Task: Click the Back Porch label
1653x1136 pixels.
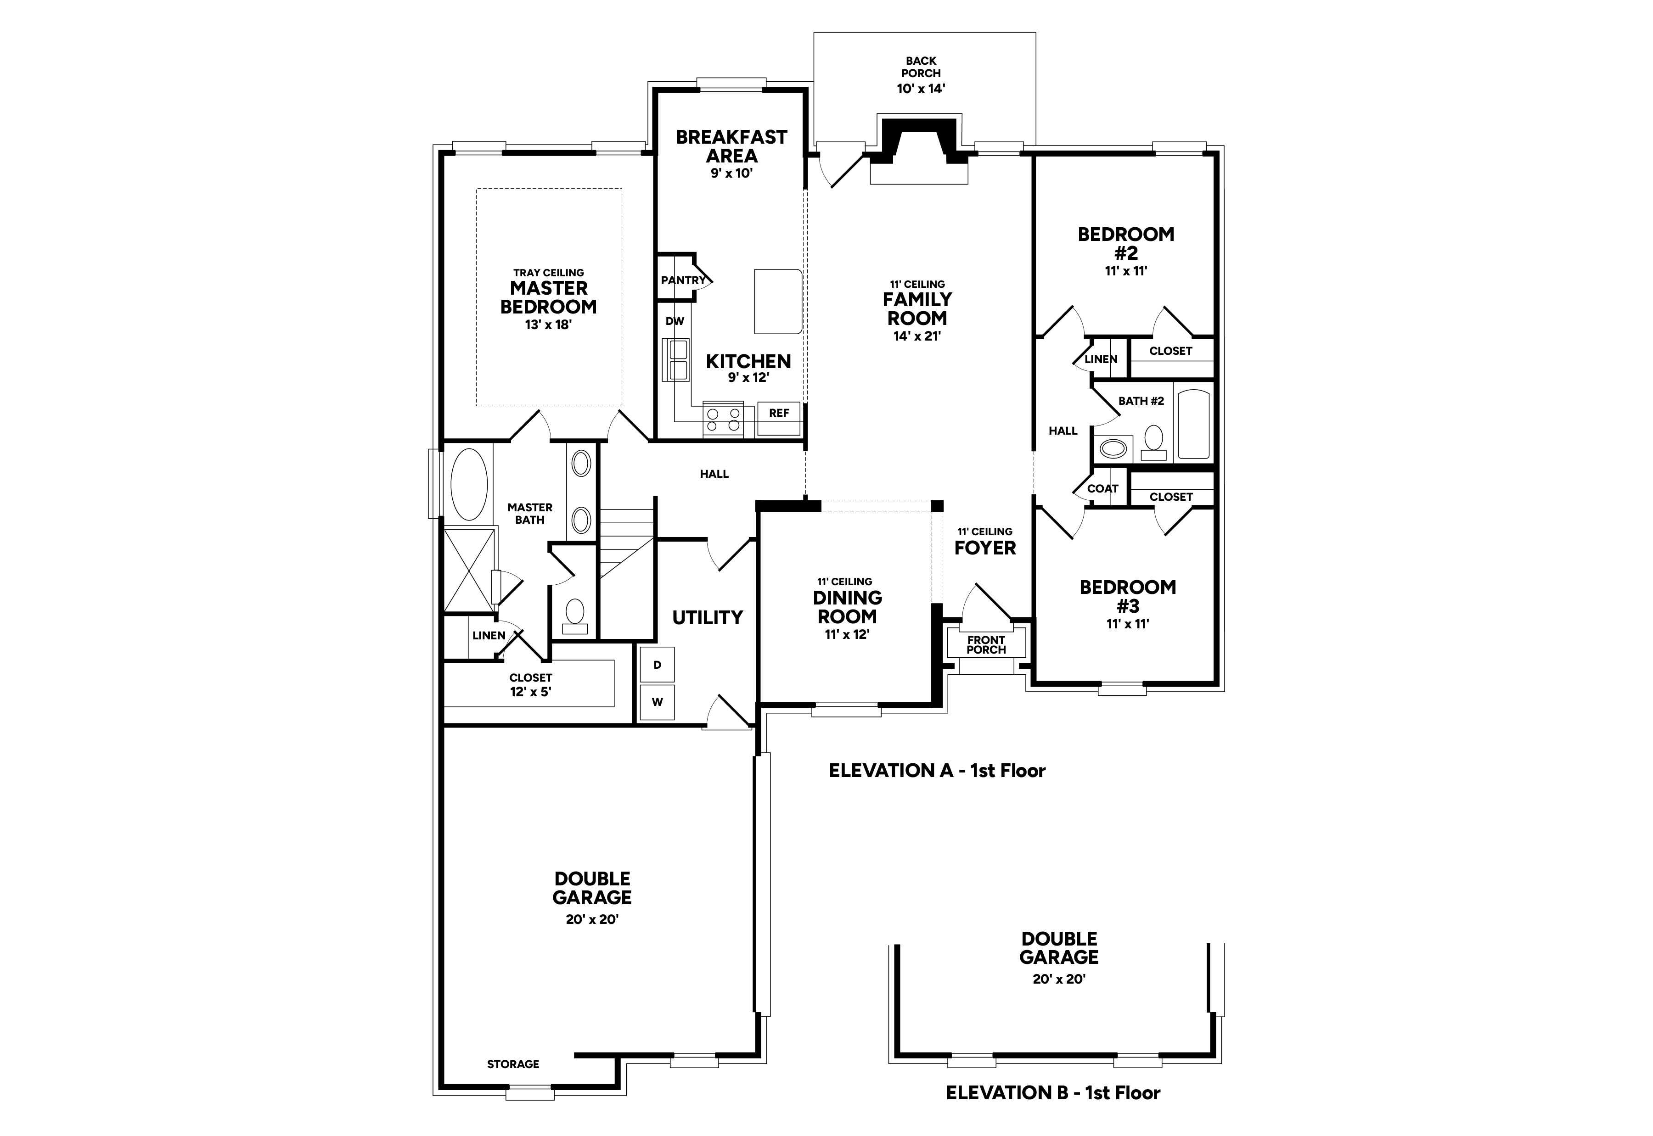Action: (921, 67)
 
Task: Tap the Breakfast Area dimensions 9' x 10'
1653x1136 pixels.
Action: (731, 173)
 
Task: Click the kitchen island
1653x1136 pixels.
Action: (778, 301)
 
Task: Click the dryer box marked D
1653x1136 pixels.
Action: (657, 665)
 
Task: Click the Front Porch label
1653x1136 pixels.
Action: (986, 645)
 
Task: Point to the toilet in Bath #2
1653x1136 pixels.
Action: (1153, 443)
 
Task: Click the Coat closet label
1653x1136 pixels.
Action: (1103, 489)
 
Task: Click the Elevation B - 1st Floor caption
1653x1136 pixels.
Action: (1053, 1113)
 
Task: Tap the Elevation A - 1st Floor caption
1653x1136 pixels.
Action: (937, 770)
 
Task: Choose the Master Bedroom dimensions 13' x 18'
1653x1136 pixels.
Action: (548, 325)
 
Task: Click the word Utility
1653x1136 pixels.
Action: (708, 618)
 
